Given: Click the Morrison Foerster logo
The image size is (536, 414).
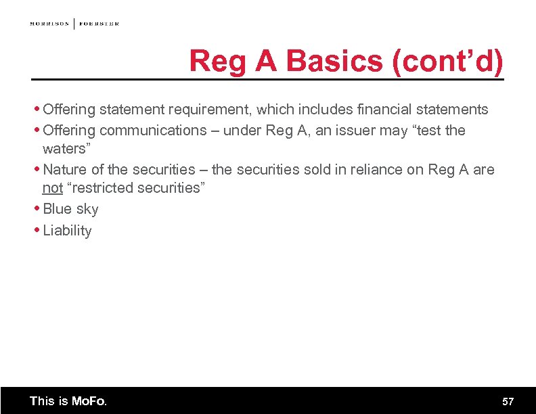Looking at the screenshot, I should click(x=74, y=24).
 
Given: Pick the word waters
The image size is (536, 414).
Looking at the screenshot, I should click(x=65, y=148).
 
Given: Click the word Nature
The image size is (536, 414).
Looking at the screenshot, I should click(x=64, y=169).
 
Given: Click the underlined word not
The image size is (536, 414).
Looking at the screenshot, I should click(x=52, y=188).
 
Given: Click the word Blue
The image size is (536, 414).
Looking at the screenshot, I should click(x=57, y=209).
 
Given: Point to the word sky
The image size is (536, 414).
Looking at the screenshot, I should click(x=87, y=209).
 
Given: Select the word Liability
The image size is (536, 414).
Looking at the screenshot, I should click(x=67, y=231).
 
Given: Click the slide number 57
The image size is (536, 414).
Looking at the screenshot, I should click(x=508, y=401).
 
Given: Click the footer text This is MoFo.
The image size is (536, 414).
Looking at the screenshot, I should click(x=68, y=401).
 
